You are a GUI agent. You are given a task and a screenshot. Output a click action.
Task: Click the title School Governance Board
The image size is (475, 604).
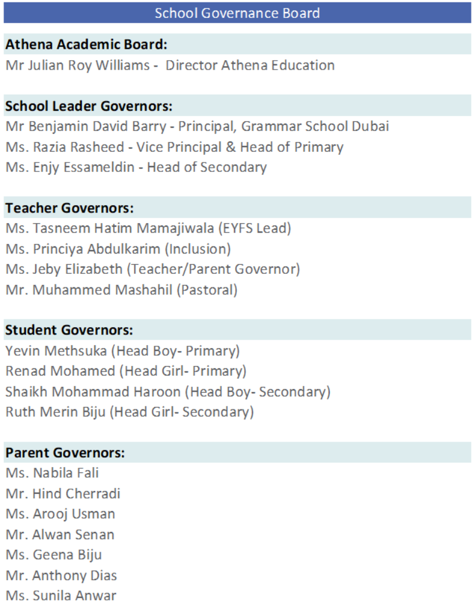coord(237,13)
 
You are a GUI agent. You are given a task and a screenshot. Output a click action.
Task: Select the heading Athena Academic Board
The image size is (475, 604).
coord(86,44)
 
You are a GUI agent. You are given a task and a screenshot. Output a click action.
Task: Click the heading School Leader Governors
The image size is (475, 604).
coord(89,106)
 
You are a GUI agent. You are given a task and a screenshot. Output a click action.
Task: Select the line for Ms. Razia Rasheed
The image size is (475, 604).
coord(174,147)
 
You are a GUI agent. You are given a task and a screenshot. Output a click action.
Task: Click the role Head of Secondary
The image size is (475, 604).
coord(207,167)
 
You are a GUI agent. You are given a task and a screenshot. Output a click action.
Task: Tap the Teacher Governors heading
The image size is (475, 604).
coord(69,208)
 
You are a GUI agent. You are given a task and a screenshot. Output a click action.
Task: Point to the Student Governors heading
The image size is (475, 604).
coord(69,330)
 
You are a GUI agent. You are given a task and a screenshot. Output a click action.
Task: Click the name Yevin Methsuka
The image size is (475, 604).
coord(56,351)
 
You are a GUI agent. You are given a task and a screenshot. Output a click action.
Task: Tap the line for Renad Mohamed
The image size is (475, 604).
coord(126,371)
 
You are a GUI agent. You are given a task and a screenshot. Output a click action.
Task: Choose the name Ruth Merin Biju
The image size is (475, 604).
coord(56,412)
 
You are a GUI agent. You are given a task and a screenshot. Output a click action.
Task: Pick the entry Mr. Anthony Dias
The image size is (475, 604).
coord(61,575)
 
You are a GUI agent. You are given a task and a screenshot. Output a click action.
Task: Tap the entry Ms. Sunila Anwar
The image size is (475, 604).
coord(61,595)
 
